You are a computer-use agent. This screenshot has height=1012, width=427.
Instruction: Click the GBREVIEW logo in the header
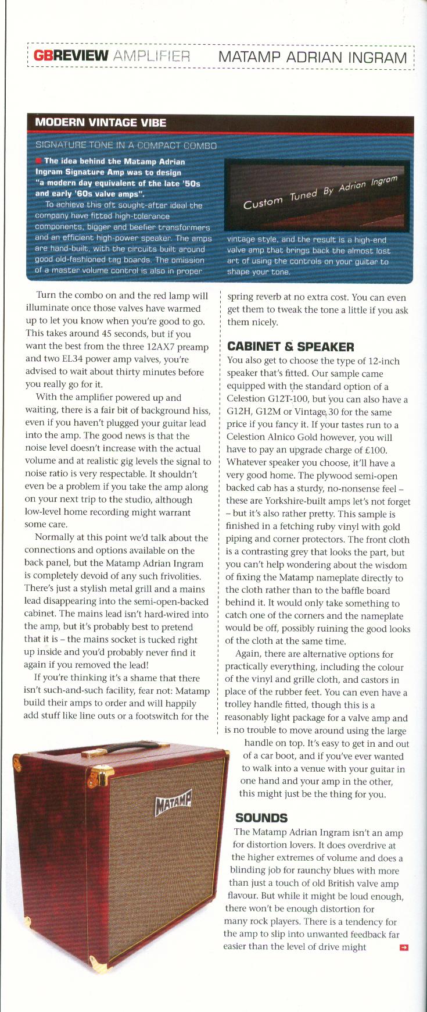pos(71,56)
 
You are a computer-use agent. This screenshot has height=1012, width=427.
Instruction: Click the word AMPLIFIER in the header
pos(152,56)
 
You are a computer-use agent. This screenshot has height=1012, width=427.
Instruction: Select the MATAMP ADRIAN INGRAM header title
pos(312,57)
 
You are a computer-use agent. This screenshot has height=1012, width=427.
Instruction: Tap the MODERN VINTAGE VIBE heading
pos(101,122)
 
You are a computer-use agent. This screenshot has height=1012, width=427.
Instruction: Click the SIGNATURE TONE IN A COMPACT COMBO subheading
pos(125,145)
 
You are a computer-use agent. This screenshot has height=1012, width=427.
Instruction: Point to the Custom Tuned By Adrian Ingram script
pos(320,194)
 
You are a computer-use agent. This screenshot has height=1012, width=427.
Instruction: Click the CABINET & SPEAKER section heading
pos(290,347)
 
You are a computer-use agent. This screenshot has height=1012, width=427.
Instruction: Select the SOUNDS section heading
pos(261,818)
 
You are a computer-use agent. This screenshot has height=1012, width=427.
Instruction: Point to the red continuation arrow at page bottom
pos(404,947)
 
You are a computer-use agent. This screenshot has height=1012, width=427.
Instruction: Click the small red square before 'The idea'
pos(38,161)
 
